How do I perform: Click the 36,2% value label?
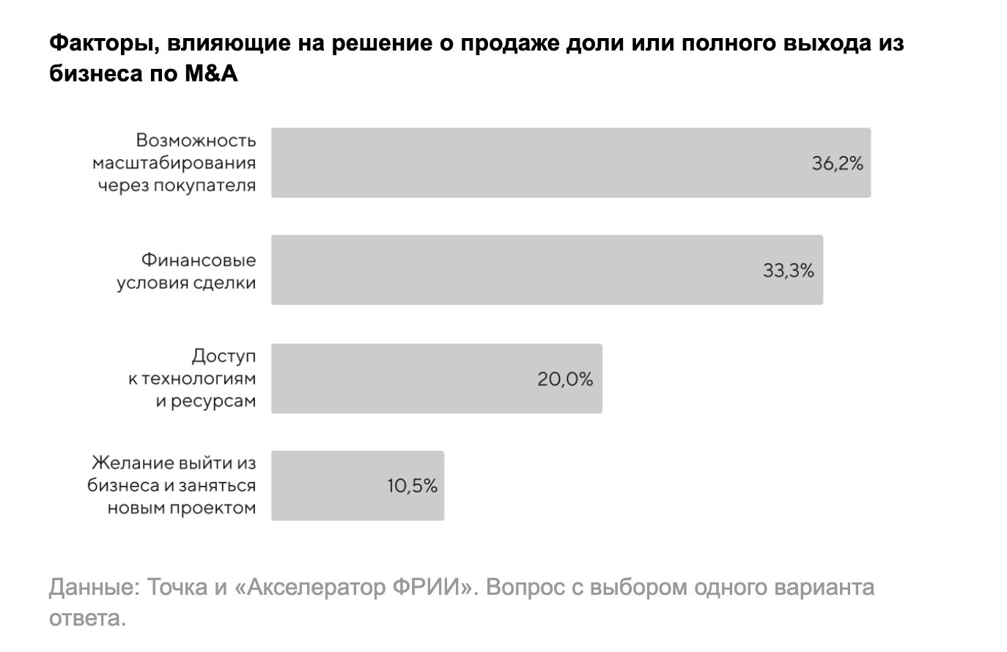[837, 163]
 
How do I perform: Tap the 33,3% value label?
[789, 271]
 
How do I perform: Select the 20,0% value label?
[565, 379]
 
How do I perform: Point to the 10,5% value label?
[412, 486]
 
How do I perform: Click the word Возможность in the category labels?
[196, 140]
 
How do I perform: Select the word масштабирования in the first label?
[174, 163]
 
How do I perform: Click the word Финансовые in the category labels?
[198, 260]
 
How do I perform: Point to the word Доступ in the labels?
[224, 356]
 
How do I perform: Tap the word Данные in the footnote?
[94, 588]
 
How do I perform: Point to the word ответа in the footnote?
[87, 618]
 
